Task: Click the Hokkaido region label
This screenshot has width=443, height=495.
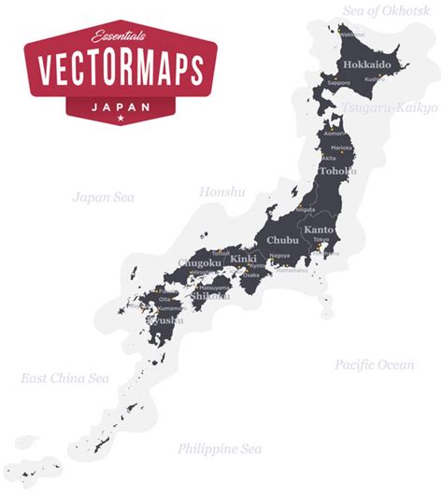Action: (366, 64)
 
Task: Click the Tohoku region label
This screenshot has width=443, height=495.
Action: (337, 172)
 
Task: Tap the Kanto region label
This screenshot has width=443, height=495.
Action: (319, 229)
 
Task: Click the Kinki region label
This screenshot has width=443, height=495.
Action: (244, 257)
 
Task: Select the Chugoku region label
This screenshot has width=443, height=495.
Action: (200, 264)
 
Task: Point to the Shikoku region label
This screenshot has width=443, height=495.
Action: (211, 296)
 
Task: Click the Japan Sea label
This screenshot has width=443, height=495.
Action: (104, 197)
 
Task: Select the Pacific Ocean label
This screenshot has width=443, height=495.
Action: (374, 364)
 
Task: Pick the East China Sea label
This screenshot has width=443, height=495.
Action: (65, 378)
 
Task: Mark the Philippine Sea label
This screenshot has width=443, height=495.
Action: (220, 448)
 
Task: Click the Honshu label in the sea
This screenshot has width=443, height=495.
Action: (221, 192)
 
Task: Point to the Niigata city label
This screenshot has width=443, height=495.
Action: (306, 210)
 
